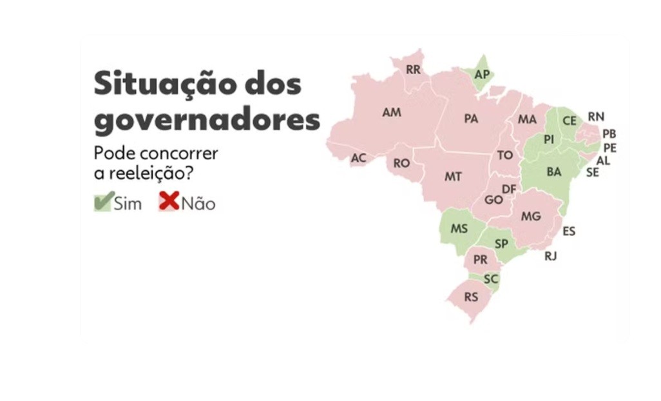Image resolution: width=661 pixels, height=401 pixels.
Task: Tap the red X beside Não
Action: [x=169, y=202]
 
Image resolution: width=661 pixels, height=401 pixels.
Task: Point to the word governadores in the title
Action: [x=207, y=120]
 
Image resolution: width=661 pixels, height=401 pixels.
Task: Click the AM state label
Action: [x=391, y=112]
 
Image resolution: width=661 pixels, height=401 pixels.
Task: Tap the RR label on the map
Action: [x=413, y=70]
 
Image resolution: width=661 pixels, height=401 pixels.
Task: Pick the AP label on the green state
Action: [x=482, y=74]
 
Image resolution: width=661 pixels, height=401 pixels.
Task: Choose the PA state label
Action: [x=470, y=119]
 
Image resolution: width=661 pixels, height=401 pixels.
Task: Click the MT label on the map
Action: [x=453, y=176]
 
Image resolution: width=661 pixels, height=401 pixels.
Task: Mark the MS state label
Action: [x=459, y=228]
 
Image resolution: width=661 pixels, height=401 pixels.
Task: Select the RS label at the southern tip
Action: [x=471, y=297]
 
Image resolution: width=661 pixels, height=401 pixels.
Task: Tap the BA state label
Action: [x=553, y=172]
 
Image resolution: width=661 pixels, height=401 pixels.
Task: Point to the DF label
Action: [x=509, y=189]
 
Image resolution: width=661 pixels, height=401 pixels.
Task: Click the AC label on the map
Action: [x=358, y=158]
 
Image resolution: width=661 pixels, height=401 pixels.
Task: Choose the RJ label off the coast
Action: [x=550, y=256]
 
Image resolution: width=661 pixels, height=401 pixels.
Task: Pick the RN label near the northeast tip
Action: [x=596, y=117]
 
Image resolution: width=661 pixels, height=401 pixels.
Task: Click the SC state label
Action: [x=490, y=279]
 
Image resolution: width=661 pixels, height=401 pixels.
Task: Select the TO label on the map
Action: [x=504, y=155]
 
